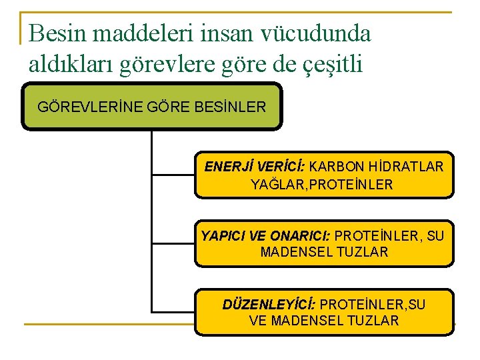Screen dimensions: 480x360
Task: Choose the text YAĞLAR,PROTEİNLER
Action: click(322, 184)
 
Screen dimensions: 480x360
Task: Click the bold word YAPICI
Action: click(223, 235)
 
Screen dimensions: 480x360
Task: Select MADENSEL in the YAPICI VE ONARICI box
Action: click(291, 252)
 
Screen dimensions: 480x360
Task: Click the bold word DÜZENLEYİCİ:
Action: click(269, 304)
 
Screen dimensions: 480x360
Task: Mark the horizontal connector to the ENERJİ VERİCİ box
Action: click(173, 175)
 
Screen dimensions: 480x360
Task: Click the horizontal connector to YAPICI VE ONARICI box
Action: click(173, 243)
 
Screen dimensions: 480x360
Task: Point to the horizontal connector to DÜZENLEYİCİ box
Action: click(173, 311)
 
